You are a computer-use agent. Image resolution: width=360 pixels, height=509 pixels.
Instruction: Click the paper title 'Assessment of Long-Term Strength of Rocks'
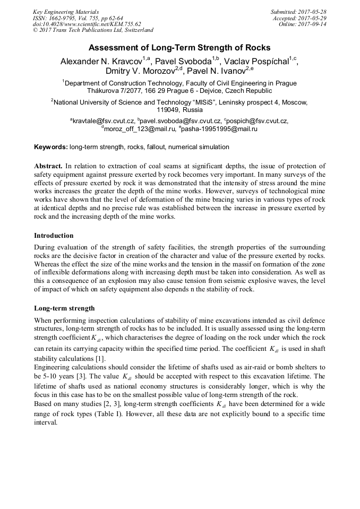(x=179, y=47)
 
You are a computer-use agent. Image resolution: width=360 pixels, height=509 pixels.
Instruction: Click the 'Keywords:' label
(x=51, y=146)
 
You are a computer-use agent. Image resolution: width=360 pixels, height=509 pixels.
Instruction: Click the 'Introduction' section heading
(x=54, y=235)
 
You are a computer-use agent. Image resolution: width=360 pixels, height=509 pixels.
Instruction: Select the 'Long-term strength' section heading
(x=64, y=308)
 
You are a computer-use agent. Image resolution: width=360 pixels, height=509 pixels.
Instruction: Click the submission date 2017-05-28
(x=312, y=11)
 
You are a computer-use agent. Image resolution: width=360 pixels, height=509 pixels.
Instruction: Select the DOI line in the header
(x=87, y=24)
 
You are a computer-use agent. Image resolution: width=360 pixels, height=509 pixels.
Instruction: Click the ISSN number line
(x=78, y=18)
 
